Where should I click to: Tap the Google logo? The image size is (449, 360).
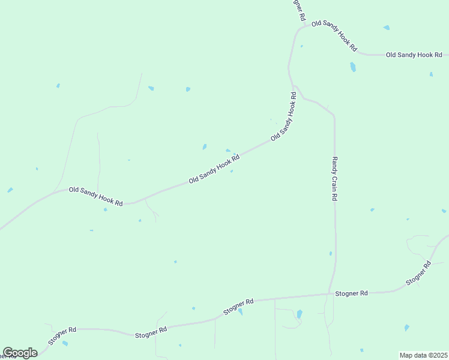(x=20, y=353)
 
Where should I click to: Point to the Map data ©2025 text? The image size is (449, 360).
(x=424, y=355)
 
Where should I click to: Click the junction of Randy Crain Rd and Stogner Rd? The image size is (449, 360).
(x=330, y=294)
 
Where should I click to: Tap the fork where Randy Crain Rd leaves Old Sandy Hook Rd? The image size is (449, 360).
(x=294, y=86)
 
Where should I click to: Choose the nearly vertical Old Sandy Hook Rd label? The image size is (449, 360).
(x=284, y=116)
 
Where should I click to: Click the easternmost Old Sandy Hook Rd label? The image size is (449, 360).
(x=414, y=55)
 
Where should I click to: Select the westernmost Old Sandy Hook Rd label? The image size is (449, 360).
(x=96, y=196)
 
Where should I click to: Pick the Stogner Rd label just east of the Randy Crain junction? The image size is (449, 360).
(x=352, y=293)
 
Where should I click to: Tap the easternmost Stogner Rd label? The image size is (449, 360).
(x=418, y=273)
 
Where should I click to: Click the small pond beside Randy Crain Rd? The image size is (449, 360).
(x=331, y=254)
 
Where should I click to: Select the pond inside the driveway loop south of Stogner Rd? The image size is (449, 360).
(x=300, y=314)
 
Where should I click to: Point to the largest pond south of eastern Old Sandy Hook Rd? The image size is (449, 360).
(x=353, y=67)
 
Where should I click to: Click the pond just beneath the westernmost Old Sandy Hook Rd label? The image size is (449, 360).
(x=105, y=209)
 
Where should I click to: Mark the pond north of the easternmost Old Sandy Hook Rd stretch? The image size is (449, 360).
(x=387, y=28)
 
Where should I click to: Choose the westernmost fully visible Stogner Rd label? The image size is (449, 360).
(x=62, y=334)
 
